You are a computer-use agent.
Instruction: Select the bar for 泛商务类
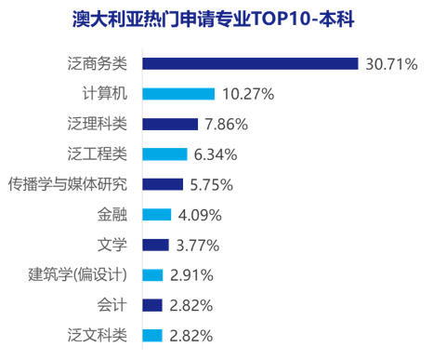coord(250,63)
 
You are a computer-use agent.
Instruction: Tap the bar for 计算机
coord(178,94)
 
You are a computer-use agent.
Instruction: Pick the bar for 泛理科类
coord(170,124)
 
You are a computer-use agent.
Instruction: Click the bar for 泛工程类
coord(164,153)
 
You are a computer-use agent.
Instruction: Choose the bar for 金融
coord(156,215)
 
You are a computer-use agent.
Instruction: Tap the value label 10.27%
coord(248,94)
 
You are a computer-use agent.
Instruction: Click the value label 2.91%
coord(192,275)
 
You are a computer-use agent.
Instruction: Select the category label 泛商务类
coord(98,63)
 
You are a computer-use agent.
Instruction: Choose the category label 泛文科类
coord(98,335)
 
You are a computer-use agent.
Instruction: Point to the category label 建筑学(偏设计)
coord(77,275)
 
